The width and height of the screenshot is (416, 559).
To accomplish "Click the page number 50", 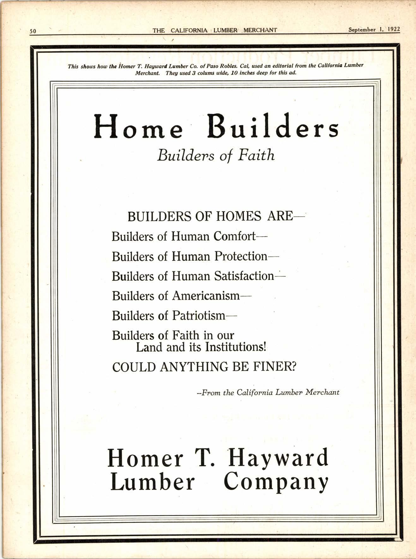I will [x=33, y=31].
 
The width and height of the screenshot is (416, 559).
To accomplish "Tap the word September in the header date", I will [x=362, y=30].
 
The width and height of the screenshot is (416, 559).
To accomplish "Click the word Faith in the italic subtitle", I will [x=256, y=155].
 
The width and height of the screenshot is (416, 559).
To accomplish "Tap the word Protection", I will [x=241, y=256].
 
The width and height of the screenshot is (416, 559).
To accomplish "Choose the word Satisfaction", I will [x=244, y=276].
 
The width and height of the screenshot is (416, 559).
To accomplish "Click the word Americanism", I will [x=206, y=296].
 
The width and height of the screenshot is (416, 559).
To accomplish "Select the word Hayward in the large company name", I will [x=278, y=459].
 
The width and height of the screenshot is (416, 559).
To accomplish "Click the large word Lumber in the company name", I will [x=152, y=482].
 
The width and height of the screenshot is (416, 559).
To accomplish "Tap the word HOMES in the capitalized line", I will [x=238, y=216].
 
